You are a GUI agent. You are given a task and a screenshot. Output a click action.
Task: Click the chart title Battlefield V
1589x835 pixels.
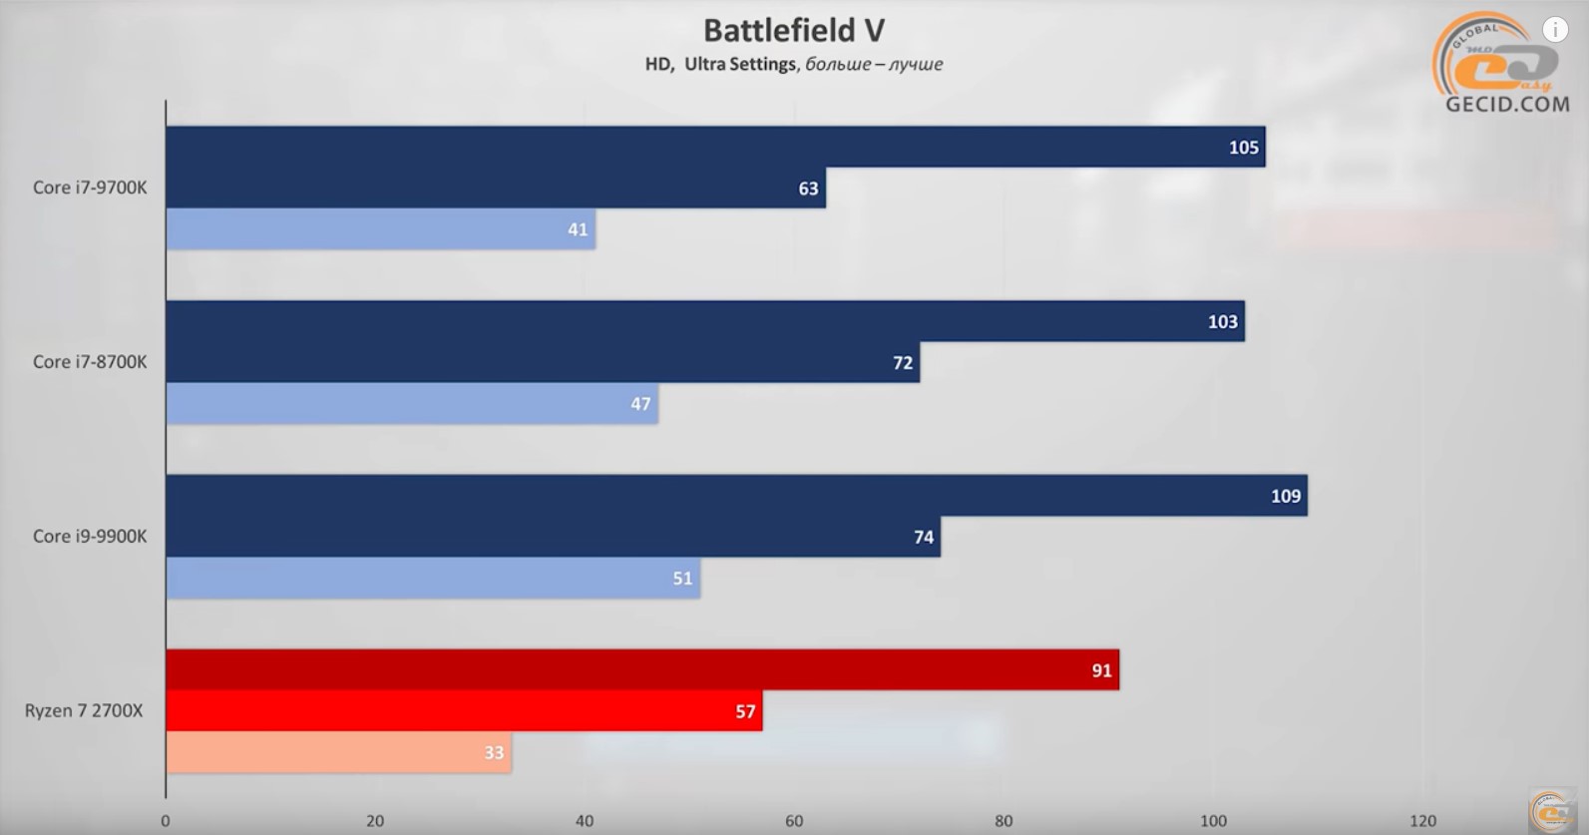pyautogui.click(x=794, y=31)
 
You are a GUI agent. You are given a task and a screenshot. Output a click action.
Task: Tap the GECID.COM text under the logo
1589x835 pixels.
pyautogui.click(x=1507, y=105)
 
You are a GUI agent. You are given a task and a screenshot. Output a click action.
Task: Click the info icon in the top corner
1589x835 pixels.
pyautogui.click(x=1555, y=30)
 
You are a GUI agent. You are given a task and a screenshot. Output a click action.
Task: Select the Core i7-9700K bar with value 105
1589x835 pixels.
pyautogui.click(x=716, y=147)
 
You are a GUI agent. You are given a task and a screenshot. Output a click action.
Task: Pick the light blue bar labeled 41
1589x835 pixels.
pyautogui.click(x=381, y=229)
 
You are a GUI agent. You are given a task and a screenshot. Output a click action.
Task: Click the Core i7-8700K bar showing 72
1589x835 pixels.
pyautogui.click(x=544, y=362)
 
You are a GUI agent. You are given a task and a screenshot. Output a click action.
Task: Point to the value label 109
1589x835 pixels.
pyautogui.click(x=1286, y=496)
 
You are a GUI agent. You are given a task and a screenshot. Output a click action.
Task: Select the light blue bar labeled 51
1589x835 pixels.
pyautogui.click(x=434, y=579)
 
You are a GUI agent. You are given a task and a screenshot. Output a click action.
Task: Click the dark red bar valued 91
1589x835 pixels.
pyautogui.click(x=642, y=669)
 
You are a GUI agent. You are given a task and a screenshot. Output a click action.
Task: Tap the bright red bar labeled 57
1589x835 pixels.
pyautogui.click(x=465, y=711)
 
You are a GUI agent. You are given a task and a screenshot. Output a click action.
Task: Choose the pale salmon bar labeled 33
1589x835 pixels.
pyautogui.click(x=339, y=752)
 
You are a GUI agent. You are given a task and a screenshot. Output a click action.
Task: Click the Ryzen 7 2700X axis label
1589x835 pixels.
pyautogui.click(x=84, y=711)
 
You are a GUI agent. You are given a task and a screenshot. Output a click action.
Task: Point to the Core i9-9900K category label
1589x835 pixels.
pyautogui.click(x=90, y=537)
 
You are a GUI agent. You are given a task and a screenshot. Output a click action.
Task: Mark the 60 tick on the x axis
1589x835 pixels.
pyautogui.click(x=794, y=821)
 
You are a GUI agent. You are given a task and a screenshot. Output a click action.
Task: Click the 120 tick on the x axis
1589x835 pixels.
pyautogui.click(x=1422, y=821)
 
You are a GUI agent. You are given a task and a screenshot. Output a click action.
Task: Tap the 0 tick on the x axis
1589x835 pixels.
pyautogui.click(x=166, y=821)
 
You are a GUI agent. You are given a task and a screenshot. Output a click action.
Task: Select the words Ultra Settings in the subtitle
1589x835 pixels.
pyautogui.click(x=740, y=64)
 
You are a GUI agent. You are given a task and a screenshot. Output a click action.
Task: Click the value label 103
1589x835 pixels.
pyautogui.click(x=1222, y=322)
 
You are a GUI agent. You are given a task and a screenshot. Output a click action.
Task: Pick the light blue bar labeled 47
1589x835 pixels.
pyautogui.click(x=412, y=404)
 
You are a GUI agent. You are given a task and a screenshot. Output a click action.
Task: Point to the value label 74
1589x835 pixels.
pyautogui.click(x=923, y=537)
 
